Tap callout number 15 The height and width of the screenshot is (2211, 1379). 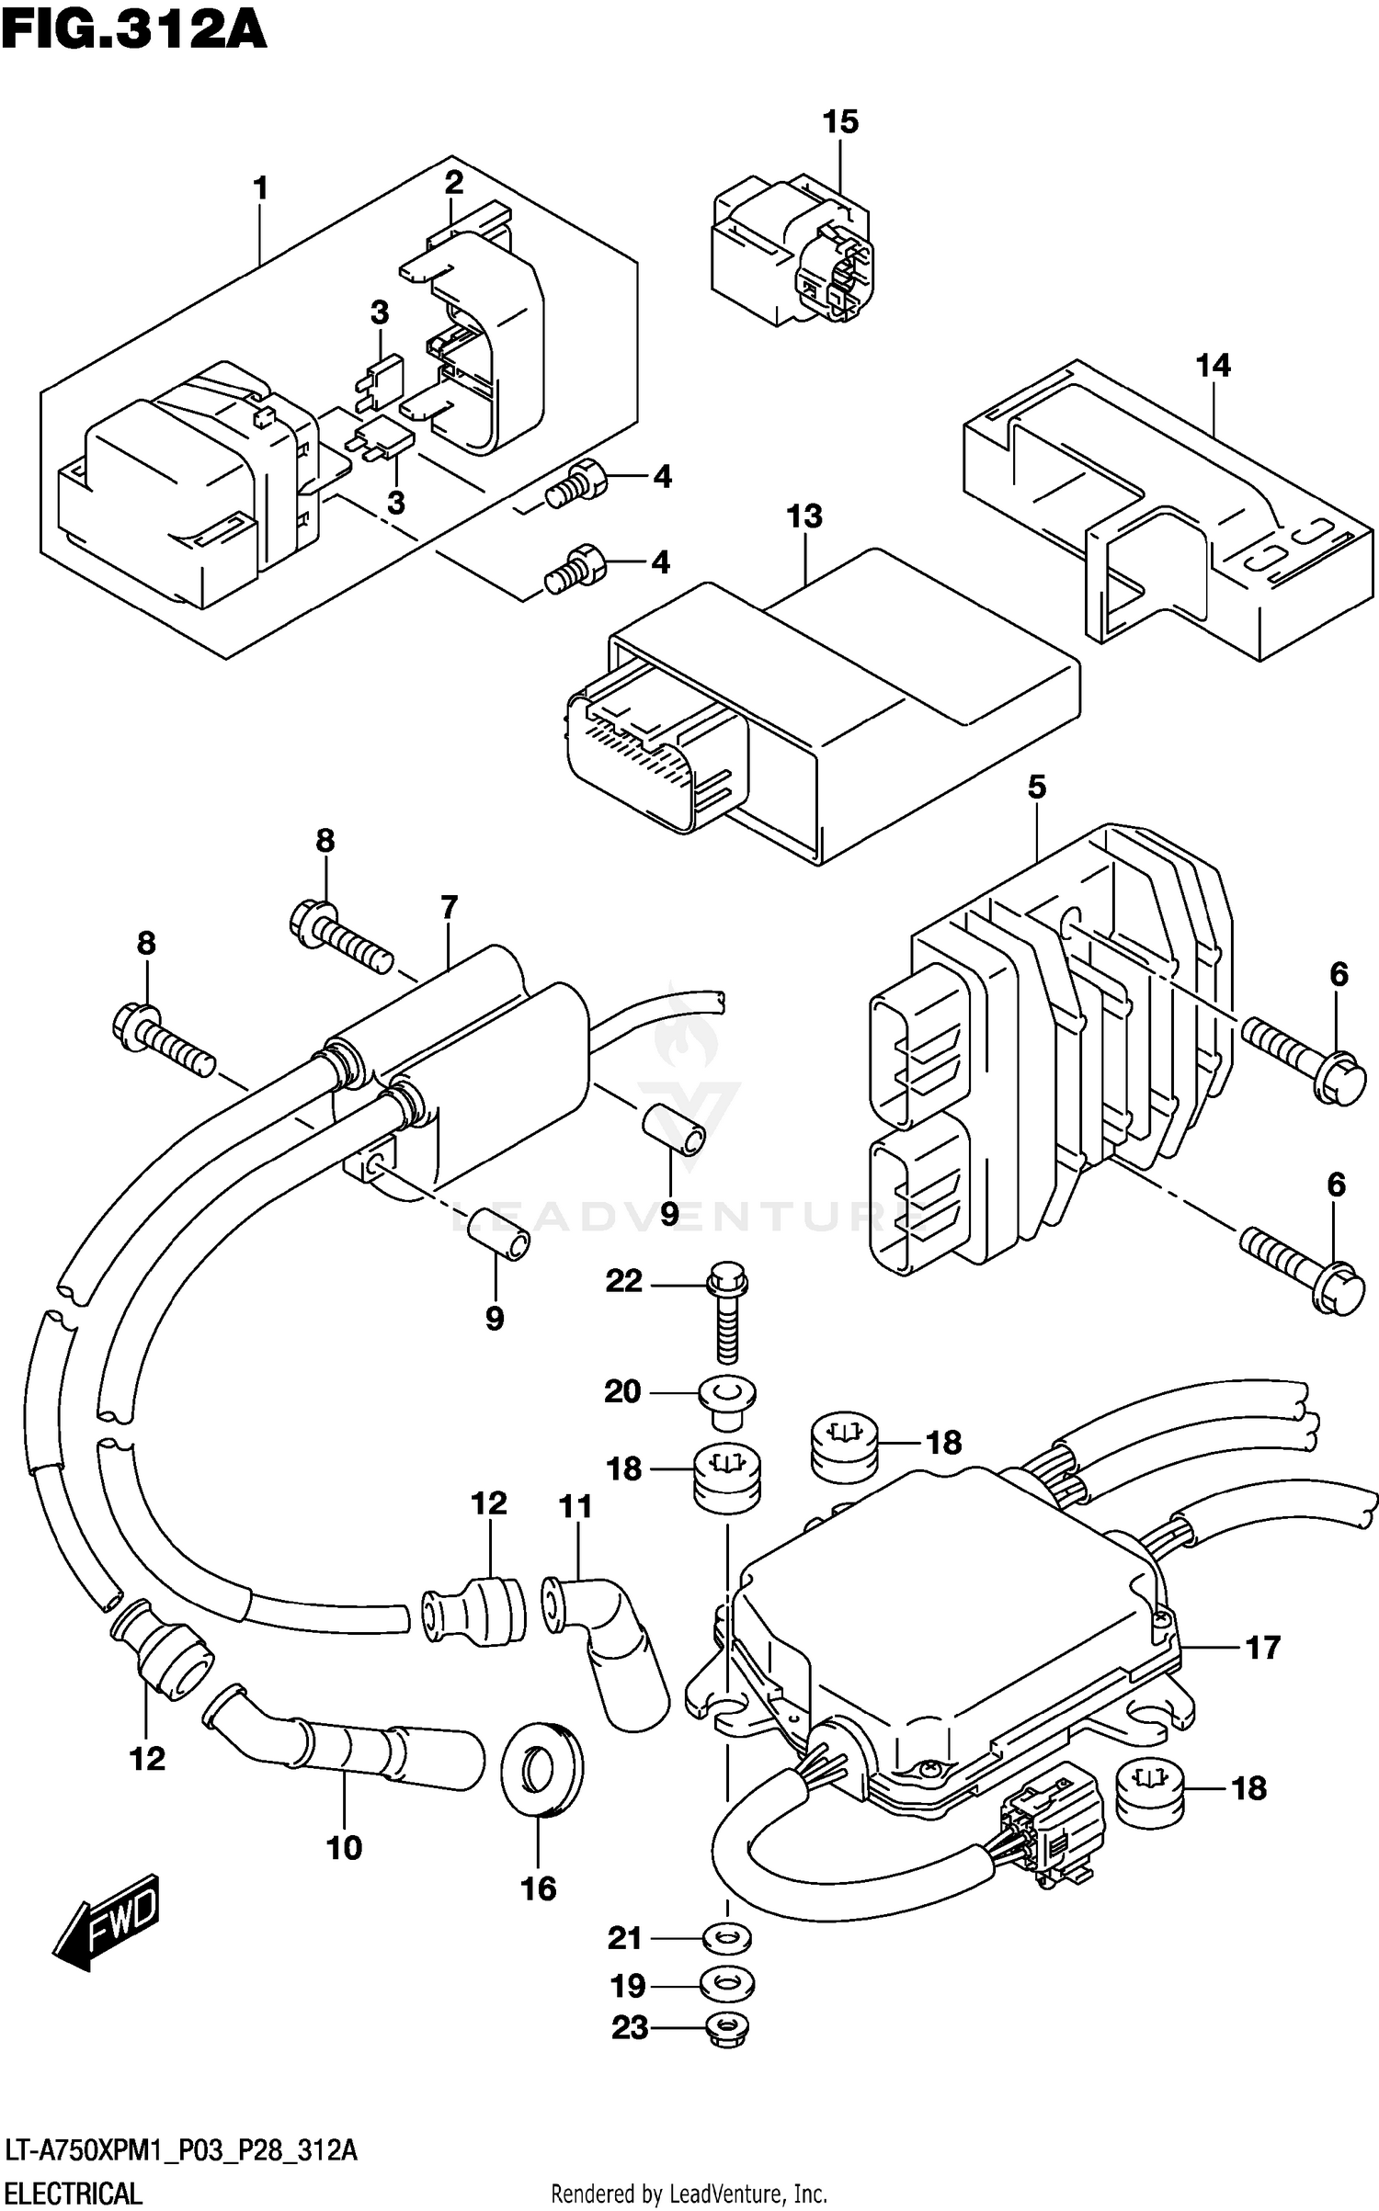pos(839,121)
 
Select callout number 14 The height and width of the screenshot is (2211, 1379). pos(1212,366)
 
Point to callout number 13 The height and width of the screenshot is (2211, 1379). pos(804,516)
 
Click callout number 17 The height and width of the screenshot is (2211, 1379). pos(1262,1647)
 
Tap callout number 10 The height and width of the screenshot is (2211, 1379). pos(345,1847)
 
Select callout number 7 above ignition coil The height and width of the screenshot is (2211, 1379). pos(449,908)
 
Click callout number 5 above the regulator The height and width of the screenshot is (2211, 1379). pos(1036,788)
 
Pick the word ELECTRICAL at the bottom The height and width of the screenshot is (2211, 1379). pos(72,2194)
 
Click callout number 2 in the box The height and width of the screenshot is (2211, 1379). pos(453,183)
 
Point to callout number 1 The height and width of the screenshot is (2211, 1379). pos(261,188)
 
